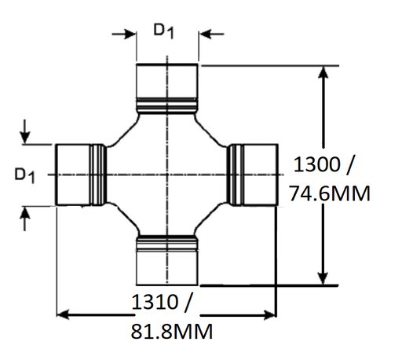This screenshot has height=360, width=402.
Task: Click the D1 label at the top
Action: (164, 30)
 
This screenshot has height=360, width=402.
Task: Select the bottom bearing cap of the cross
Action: (167, 264)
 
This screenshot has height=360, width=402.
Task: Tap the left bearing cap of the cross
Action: (75, 174)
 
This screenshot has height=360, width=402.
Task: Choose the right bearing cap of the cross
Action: (258, 174)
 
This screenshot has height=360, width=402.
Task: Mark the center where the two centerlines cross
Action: (167, 174)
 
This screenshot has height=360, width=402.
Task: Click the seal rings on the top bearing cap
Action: (167, 104)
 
